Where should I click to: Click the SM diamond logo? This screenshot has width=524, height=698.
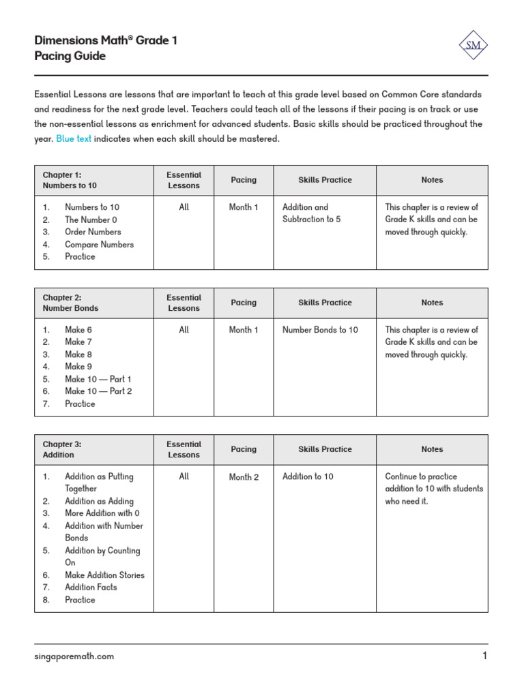[473, 46]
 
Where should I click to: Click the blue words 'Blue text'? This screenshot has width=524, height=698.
[73, 139]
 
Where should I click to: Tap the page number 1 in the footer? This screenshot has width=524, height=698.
[484, 656]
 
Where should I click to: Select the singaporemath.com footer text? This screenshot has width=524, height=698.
[74, 656]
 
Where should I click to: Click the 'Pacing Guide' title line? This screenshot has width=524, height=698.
[70, 57]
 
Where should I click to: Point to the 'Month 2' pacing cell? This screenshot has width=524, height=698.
[244, 477]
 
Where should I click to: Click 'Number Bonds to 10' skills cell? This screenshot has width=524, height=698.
[320, 330]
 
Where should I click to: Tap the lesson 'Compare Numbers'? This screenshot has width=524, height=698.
[99, 245]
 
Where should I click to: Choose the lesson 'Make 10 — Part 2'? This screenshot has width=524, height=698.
[98, 391]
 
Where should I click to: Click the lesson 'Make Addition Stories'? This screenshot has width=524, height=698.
[104, 575]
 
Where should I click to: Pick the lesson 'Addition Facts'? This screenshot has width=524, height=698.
[91, 588]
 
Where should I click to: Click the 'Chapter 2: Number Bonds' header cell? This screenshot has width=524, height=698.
[70, 303]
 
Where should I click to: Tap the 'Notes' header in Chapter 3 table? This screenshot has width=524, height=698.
[432, 450]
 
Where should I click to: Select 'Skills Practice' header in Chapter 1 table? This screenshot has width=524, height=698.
[325, 180]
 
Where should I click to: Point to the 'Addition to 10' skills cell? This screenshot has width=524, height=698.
[308, 477]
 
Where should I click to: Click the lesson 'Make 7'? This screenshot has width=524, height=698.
[78, 342]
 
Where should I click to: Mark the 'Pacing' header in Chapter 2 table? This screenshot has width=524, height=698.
[244, 303]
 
